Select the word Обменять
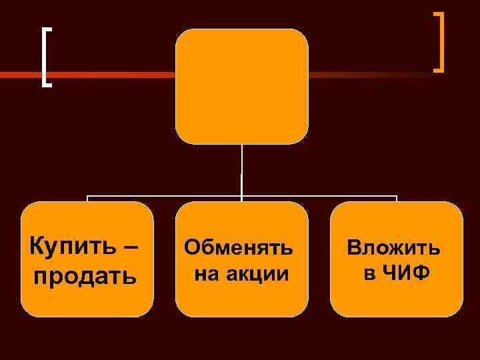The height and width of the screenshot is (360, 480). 239,247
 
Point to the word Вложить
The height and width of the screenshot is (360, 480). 393,247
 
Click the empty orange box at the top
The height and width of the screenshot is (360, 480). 241,86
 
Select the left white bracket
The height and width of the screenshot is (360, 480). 45,57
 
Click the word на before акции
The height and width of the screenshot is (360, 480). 206,273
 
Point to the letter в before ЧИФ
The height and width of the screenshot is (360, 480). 369,273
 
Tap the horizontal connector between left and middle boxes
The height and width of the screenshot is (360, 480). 163,197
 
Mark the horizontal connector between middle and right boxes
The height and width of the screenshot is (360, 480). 320,197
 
